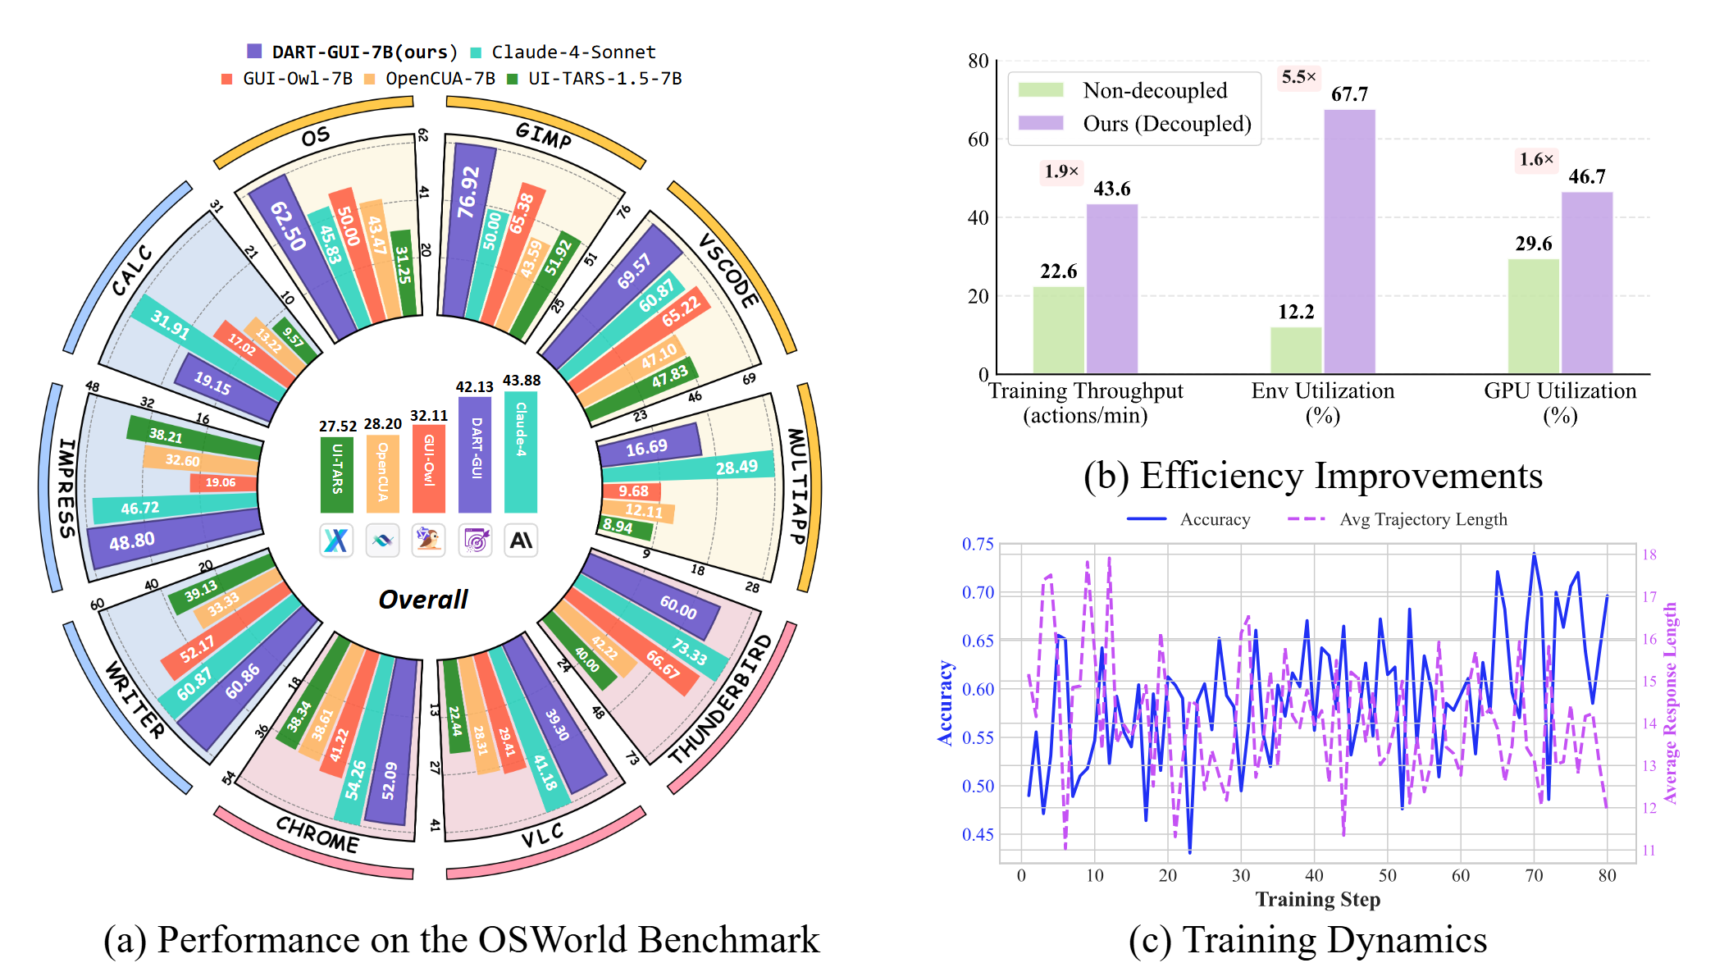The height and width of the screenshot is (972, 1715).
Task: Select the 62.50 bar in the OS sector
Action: pyautogui.click(x=299, y=254)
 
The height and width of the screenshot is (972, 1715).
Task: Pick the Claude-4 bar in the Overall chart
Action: pyautogui.click(x=521, y=452)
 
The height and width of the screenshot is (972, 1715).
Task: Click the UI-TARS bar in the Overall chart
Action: pyautogui.click(x=337, y=475)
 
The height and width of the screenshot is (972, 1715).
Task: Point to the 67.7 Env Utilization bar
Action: pyautogui.click(x=1349, y=242)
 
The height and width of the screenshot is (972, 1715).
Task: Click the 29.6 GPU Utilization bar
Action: pyautogui.click(x=1533, y=317)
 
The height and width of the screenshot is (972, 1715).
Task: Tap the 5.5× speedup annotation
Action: pyautogui.click(x=1298, y=77)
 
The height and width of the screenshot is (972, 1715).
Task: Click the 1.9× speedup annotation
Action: pyautogui.click(x=1061, y=171)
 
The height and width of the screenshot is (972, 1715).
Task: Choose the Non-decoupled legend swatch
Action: pyautogui.click(x=1040, y=90)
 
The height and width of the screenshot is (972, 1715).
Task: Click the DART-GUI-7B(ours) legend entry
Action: pyautogui.click(x=353, y=52)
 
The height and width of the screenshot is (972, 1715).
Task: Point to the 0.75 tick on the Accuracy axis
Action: pyautogui.click(x=978, y=544)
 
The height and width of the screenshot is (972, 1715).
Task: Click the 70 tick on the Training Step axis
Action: pyautogui.click(x=1534, y=875)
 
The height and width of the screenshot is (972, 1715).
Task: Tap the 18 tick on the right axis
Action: pyautogui.click(x=1649, y=554)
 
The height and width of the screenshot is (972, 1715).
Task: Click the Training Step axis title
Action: pyautogui.click(x=1317, y=900)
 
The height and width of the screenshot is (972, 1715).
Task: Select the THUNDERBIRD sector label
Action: pyautogui.click(x=721, y=699)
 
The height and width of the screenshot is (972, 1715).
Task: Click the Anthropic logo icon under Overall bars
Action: pyautogui.click(x=521, y=541)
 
